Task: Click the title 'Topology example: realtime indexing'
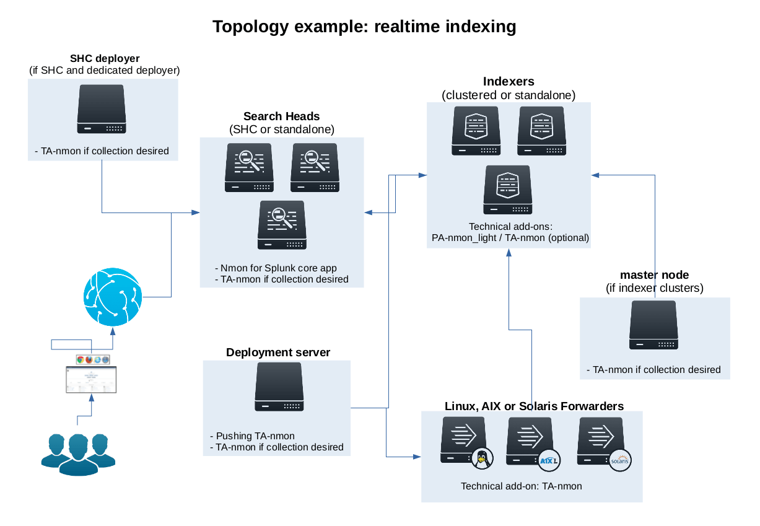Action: (x=364, y=27)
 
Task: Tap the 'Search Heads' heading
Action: (x=281, y=116)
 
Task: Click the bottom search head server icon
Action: (x=282, y=225)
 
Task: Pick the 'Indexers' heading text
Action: (x=508, y=82)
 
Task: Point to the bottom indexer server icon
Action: (x=507, y=190)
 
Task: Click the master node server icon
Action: (x=653, y=325)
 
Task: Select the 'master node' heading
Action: (x=654, y=275)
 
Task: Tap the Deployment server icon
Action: (x=279, y=387)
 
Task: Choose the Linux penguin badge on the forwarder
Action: (x=483, y=459)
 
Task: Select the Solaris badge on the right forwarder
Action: (x=619, y=460)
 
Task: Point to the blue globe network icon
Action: (x=113, y=297)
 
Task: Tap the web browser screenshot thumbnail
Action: (x=91, y=379)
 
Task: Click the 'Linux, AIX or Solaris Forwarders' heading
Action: (x=534, y=406)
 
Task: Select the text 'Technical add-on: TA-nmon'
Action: (x=522, y=486)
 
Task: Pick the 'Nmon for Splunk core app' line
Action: (x=277, y=268)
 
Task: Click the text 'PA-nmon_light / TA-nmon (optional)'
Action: (x=509, y=237)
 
